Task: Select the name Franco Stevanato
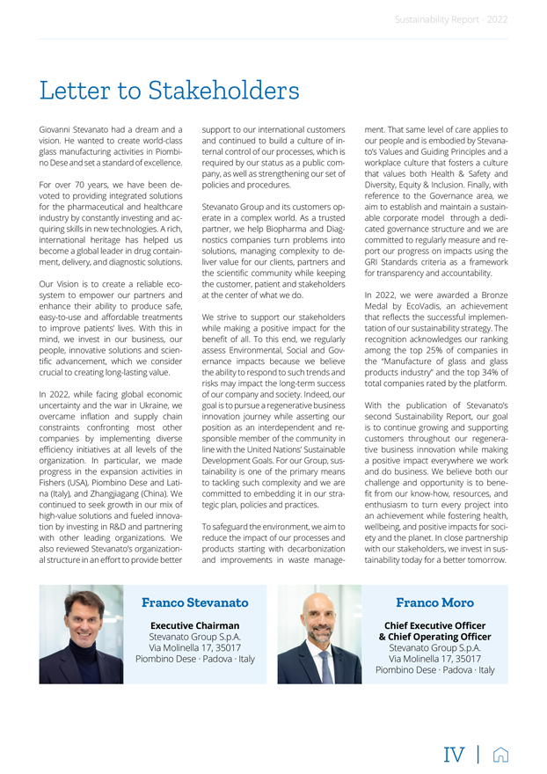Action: tap(195, 602)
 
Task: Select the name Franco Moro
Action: tap(434, 602)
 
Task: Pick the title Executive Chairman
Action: tap(195, 625)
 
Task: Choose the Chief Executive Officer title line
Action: tap(434, 625)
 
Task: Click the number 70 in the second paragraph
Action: tap(74, 186)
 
